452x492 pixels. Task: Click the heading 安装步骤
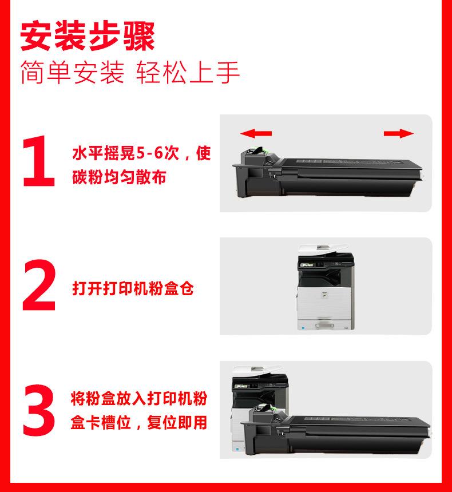(88, 36)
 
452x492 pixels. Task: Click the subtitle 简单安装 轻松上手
(130, 73)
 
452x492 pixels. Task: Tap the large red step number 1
(39, 161)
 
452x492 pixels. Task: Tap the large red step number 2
(39, 284)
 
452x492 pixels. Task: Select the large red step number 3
(39, 410)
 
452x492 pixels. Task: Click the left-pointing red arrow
(256, 133)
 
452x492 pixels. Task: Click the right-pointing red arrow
(399, 133)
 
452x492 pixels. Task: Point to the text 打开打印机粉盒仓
(133, 288)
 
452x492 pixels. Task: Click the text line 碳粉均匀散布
(119, 177)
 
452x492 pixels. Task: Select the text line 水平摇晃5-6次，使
(141, 153)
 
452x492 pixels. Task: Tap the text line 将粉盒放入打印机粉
(138, 399)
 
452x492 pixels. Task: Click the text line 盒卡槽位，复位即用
(138, 422)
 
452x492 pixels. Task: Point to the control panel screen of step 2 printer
(307, 265)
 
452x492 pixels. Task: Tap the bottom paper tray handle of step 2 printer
(323, 325)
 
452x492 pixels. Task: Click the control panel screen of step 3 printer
(241, 386)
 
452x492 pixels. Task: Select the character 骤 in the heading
(139, 36)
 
